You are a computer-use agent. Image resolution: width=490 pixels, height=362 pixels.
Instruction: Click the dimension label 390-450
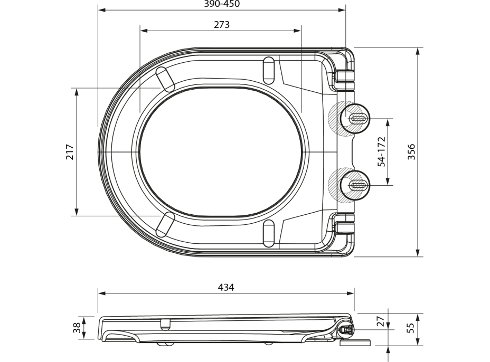pos(222,4)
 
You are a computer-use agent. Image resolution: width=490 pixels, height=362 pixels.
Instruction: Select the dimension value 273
pos(221,25)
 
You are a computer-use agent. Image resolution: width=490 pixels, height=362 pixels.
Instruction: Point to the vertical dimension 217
pos(69,152)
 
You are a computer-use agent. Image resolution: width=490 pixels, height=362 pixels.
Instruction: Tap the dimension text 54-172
pos(381,152)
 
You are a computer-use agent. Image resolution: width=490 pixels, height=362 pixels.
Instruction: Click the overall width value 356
pos(411,152)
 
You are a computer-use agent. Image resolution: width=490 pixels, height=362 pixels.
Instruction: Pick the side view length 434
pos(226,288)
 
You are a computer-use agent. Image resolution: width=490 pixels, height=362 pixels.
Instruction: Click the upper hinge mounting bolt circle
pos(355,119)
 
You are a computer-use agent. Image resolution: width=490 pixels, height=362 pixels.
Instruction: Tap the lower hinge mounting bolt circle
pos(355,185)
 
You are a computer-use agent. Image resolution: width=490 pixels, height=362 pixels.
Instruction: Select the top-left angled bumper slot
pos(166,79)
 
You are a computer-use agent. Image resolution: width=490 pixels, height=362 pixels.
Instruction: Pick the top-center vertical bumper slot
pos(269,70)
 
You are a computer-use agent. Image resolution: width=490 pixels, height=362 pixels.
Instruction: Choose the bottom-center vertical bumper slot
pos(269,234)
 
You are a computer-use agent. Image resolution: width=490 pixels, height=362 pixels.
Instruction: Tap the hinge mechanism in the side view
pos(345,329)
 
